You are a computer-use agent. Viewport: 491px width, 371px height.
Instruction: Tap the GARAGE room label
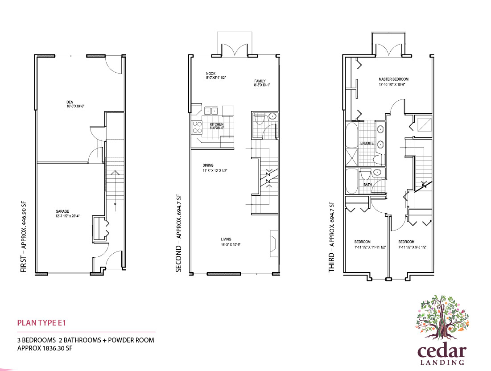[62, 212]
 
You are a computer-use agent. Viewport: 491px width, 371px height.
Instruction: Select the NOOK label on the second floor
[210, 73]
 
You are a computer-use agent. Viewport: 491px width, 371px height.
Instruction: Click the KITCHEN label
[217, 124]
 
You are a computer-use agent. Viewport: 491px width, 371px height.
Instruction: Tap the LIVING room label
[226, 239]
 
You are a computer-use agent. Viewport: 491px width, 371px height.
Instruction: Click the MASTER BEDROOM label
[393, 79]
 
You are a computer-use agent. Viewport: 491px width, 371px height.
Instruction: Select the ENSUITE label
[367, 143]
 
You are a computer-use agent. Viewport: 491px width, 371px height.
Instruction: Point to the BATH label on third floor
[367, 184]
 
